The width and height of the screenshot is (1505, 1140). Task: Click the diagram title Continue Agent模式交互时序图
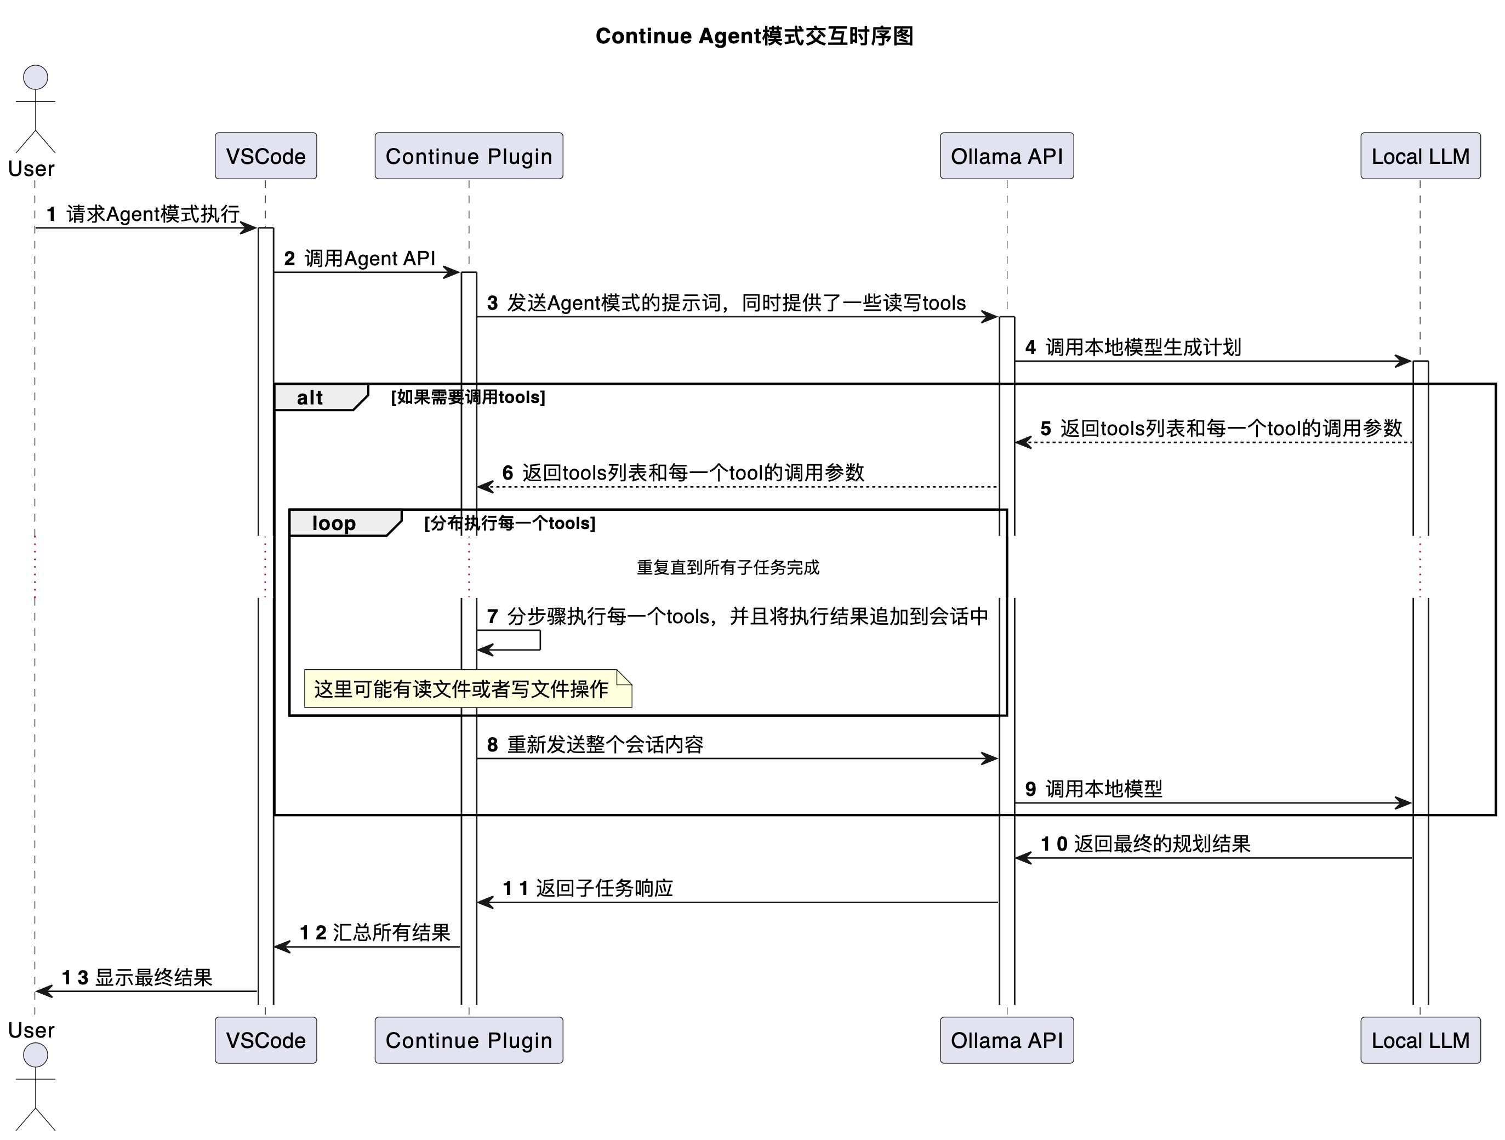[x=754, y=36]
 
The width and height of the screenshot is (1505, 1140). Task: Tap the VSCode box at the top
[x=265, y=156]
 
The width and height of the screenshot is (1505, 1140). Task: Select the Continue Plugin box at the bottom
[x=468, y=1040]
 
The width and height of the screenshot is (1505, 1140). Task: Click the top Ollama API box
[x=1006, y=156]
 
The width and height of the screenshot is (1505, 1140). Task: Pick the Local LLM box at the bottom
[x=1420, y=1040]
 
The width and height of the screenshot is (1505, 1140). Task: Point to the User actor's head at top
[x=36, y=77]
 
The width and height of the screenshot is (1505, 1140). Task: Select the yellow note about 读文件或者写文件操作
[x=467, y=689]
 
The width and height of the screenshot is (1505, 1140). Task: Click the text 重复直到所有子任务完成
[x=727, y=567]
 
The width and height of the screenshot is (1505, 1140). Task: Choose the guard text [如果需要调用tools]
[x=468, y=397]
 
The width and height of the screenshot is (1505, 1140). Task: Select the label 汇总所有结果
[x=391, y=932]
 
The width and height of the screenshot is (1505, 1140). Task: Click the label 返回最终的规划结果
[x=1161, y=844]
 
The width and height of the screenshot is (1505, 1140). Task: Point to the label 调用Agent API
[x=369, y=259]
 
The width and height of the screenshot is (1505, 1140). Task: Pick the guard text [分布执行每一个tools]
[x=510, y=523]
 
